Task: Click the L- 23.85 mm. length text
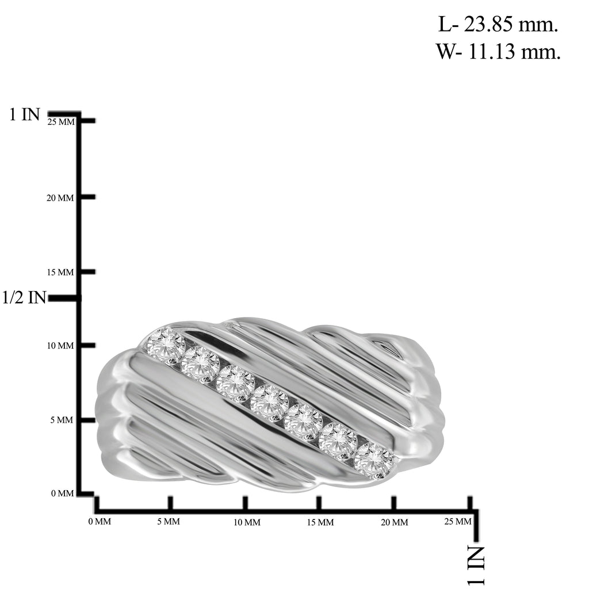pos(498,25)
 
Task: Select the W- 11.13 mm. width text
pos(498,51)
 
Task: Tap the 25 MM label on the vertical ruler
pos(61,122)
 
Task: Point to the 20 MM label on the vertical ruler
pos(60,198)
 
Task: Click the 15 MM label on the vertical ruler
pos(60,272)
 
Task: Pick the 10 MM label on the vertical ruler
pos(60,346)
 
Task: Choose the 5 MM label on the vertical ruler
pos(62,420)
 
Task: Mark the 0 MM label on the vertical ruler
pos(62,493)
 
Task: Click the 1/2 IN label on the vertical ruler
pos(24,297)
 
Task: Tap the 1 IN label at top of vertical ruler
pos(24,114)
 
